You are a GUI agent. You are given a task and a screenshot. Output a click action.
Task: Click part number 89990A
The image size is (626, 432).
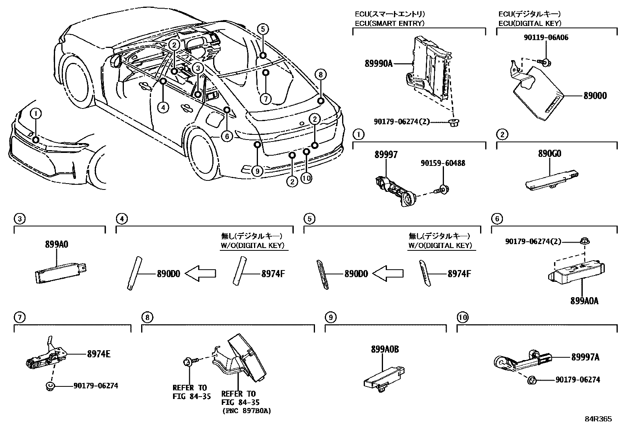point(379,63)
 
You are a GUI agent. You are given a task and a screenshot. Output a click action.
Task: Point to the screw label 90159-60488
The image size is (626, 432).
point(442,163)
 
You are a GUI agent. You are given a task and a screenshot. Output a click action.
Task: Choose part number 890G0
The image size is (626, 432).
point(549,154)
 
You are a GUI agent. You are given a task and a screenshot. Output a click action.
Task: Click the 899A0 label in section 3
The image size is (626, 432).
point(57,244)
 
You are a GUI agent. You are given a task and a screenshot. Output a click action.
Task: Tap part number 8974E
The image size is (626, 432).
point(99,354)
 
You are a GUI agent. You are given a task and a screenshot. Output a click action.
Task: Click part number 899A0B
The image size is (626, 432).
point(385,349)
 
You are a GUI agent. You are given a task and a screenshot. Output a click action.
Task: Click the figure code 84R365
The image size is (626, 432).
point(598,419)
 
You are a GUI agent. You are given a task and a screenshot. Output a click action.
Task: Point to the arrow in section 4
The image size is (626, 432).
point(201,274)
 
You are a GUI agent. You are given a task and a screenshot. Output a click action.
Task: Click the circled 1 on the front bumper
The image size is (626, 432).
point(35,114)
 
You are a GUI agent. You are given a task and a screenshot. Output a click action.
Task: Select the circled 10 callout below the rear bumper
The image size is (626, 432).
point(307,178)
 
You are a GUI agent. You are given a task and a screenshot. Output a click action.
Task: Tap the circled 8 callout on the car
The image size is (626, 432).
point(320,74)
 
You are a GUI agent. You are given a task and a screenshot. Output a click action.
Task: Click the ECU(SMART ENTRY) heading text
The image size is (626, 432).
point(389,23)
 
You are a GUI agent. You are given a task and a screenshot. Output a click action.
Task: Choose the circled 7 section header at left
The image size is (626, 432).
point(19,317)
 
